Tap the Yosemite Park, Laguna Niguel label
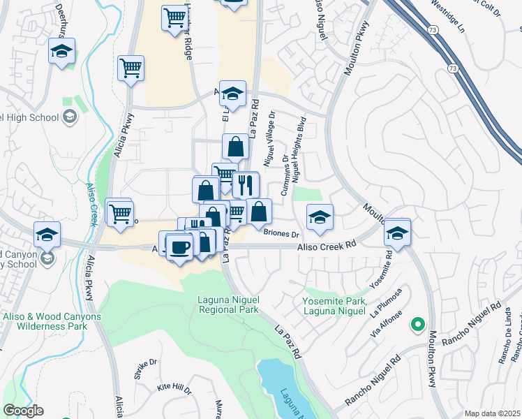click(x=334, y=305)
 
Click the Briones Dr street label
click(x=281, y=235)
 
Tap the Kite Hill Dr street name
click(x=174, y=386)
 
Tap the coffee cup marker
click(x=180, y=247)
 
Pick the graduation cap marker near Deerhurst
click(x=62, y=51)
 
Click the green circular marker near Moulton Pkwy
click(x=417, y=323)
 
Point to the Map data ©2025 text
click(x=492, y=413)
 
